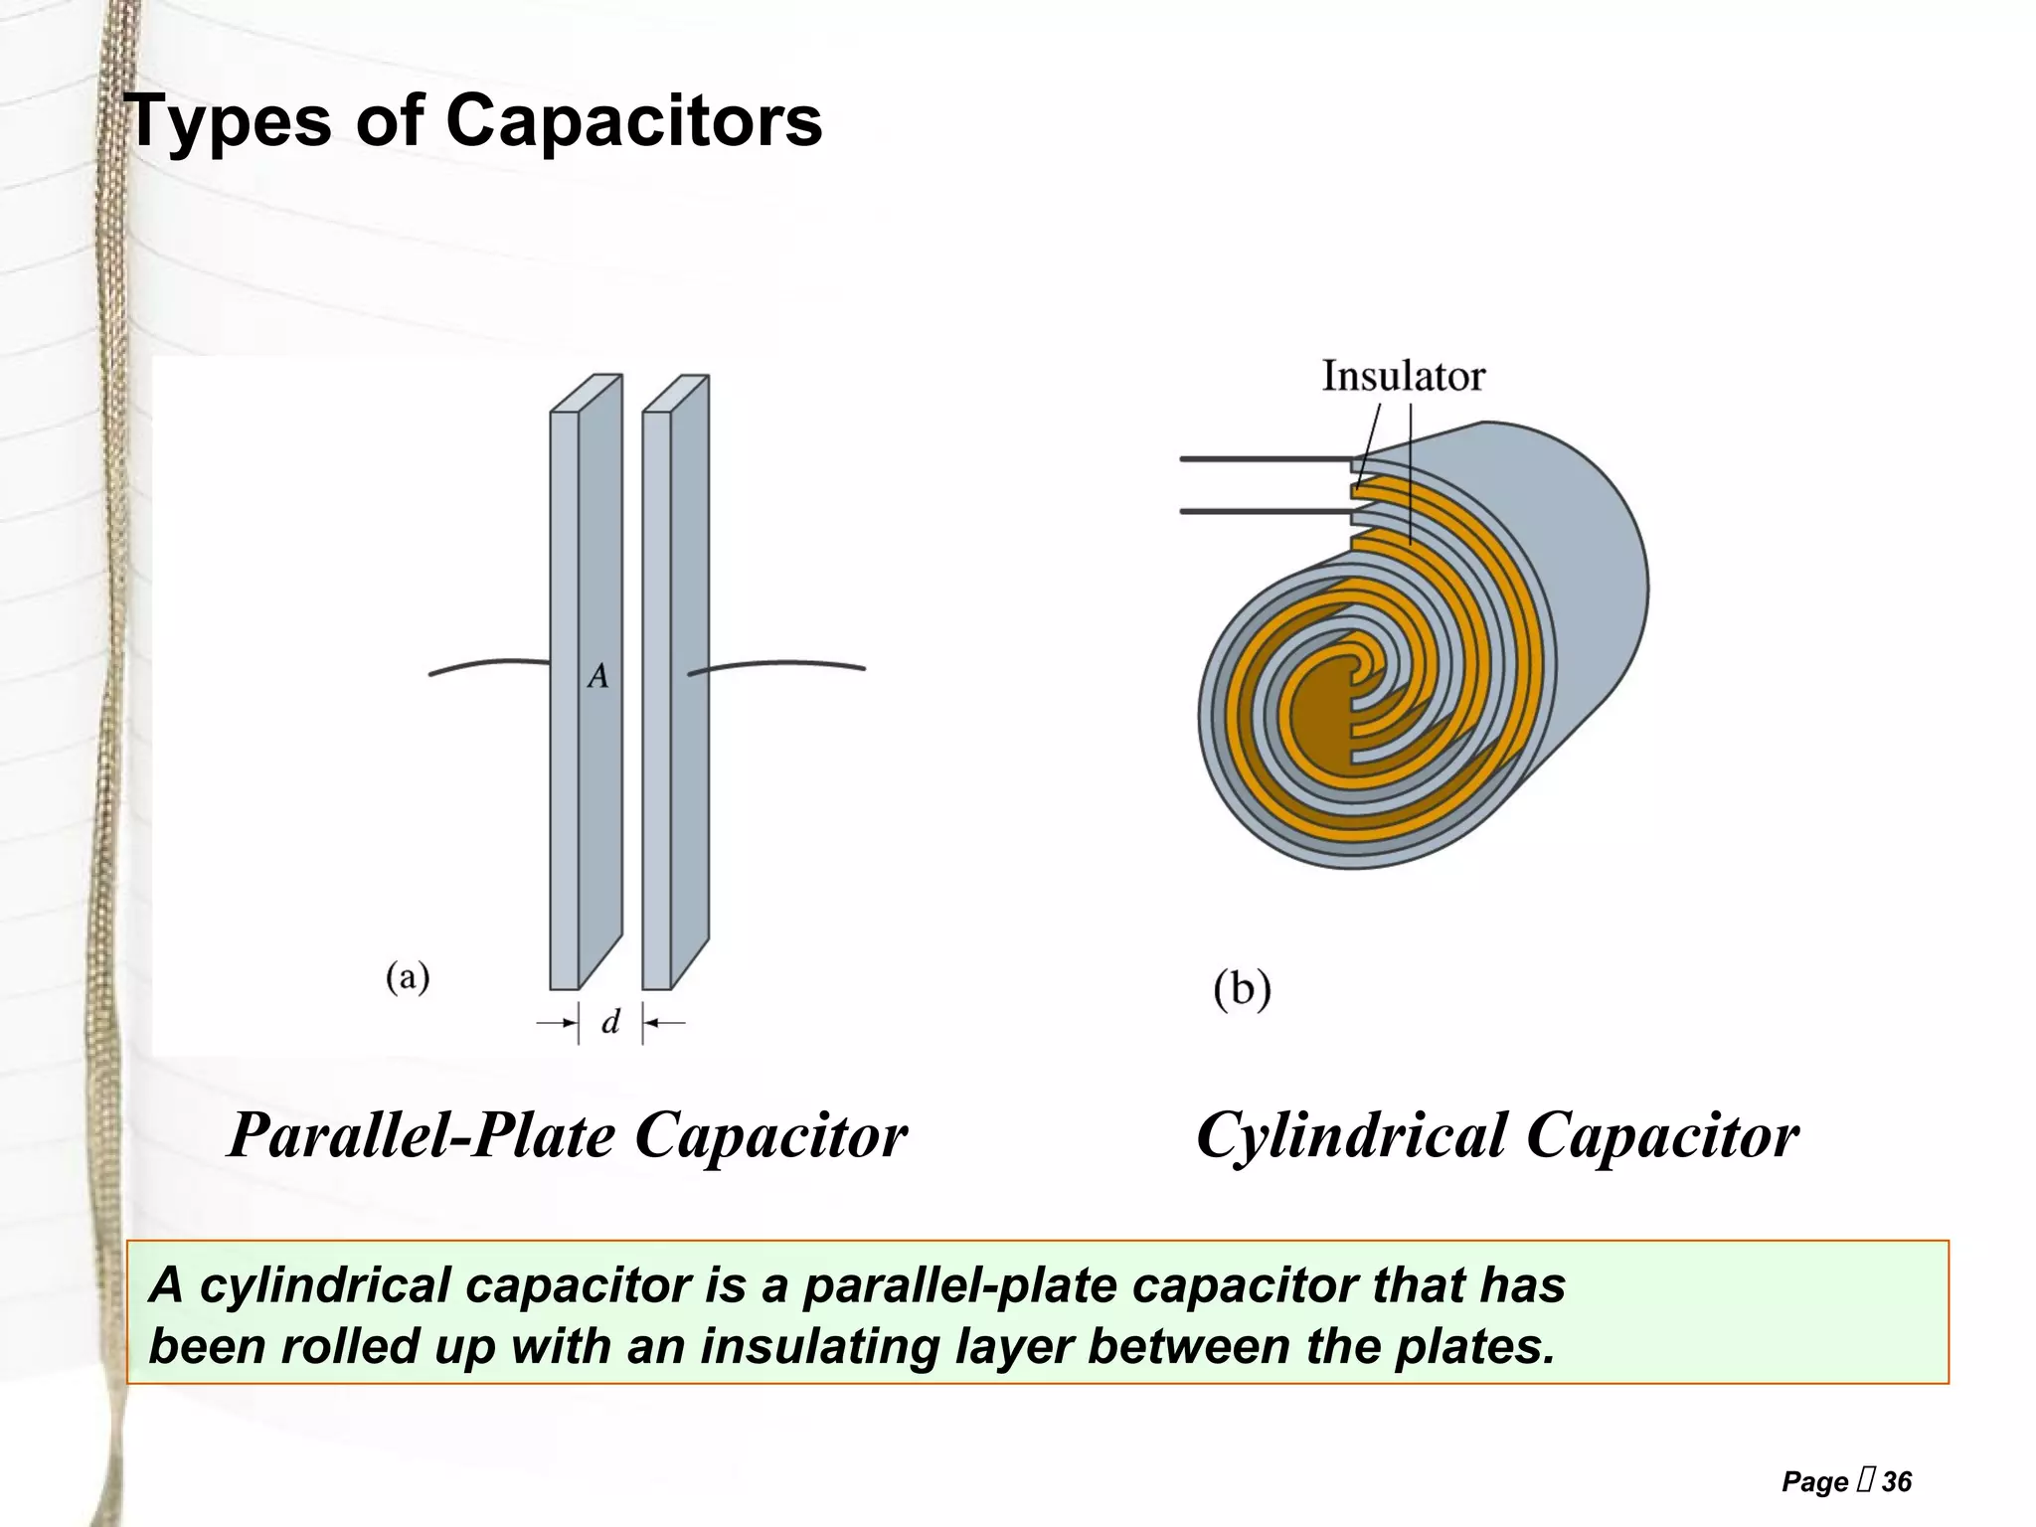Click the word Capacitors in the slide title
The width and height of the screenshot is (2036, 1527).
coord(633,121)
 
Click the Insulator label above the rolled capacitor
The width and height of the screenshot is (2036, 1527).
coord(1403,377)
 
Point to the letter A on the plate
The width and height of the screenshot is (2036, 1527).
coord(597,677)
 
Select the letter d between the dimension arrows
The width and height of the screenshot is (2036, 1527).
coord(610,1022)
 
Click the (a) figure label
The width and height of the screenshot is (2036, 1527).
coord(408,976)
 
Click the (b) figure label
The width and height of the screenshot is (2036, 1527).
coord(1242,989)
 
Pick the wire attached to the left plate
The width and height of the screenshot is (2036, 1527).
coord(487,664)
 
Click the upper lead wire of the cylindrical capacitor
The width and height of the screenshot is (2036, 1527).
coord(1263,459)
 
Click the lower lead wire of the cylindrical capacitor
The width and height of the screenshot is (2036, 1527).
coord(1263,512)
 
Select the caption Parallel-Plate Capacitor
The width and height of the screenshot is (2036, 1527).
coord(567,1135)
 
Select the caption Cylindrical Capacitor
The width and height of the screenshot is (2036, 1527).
coord(1497,1135)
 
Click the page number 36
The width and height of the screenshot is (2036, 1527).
coord(1896,1482)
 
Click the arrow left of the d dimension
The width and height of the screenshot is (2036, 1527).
coord(557,1022)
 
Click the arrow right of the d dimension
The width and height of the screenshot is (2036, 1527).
coord(664,1022)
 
